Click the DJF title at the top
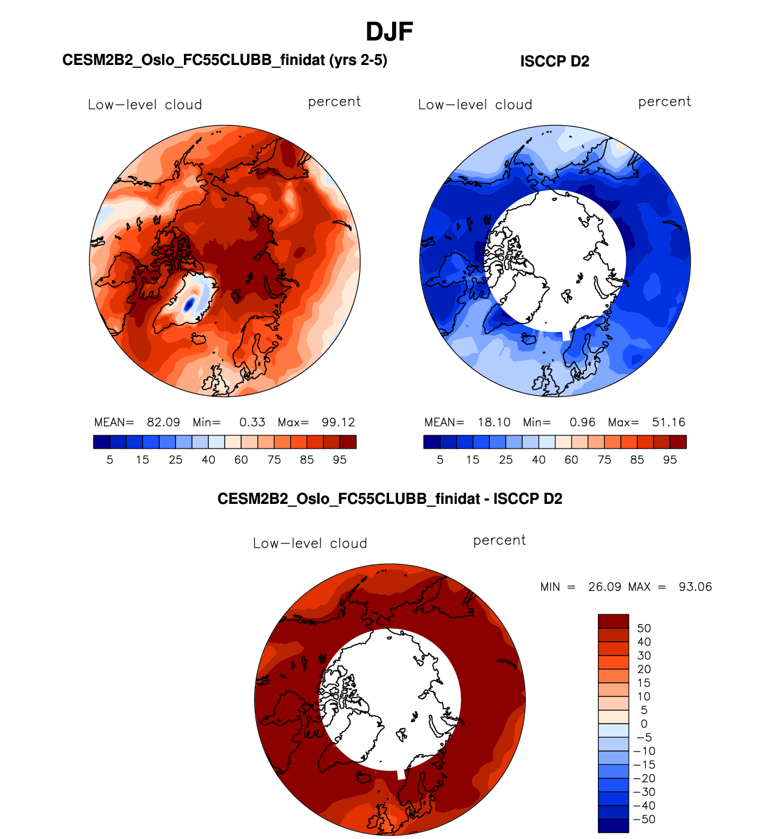pyautogui.click(x=389, y=32)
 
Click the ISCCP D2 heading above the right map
pyautogui.click(x=554, y=61)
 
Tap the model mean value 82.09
pyautogui.click(x=163, y=423)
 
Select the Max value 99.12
pyautogui.click(x=338, y=423)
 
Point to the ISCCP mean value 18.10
pyautogui.click(x=493, y=423)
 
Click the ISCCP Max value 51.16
pyautogui.click(x=668, y=423)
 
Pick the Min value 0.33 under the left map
pyautogui.click(x=252, y=423)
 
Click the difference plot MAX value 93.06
pyautogui.click(x=695, y=587)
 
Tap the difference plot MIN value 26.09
pyautogui.click(x=605, y=587)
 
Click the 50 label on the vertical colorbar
pyautogui.click(x=644, y=628)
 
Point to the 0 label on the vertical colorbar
pyautogui.click(x=644, y=724)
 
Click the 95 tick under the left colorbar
pyautogui.click(x=339, y=460)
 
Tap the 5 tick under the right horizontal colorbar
pyautogui.click(x=440, y=460)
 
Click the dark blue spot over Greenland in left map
pyautogui.click(x=189, y=304)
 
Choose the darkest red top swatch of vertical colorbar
pyautogui.click(x=613, y=621)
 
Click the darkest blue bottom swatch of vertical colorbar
pyautogui.click(x=613, y=826)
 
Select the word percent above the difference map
pyautogui.click(x=499, y=540)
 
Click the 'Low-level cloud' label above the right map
pyautogui.click(x=475, y=104)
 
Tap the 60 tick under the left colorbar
pyautogui.click(x=241, y=460)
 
